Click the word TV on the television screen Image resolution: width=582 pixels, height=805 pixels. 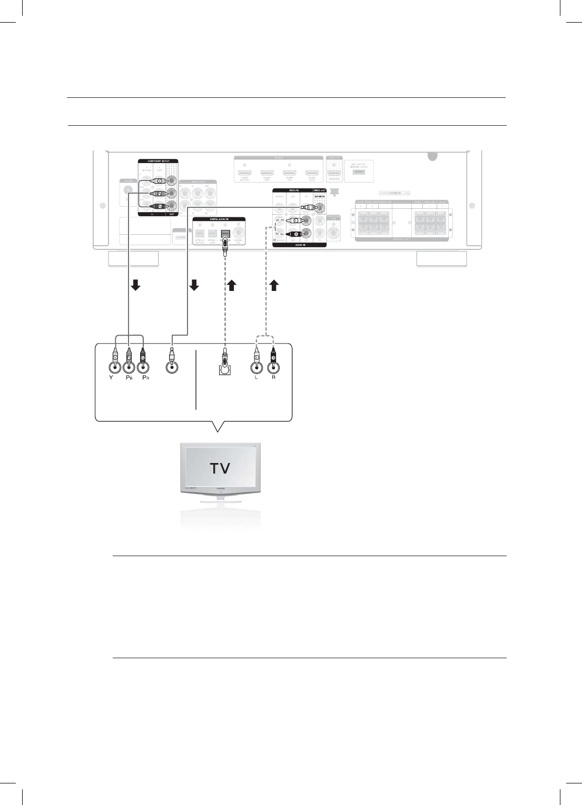tap(220, 468)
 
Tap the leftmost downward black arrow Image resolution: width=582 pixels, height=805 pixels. tap(135, 285)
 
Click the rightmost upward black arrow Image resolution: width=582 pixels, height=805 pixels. tap(274, 285)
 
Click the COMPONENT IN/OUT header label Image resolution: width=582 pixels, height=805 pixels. tap(158, 160)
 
